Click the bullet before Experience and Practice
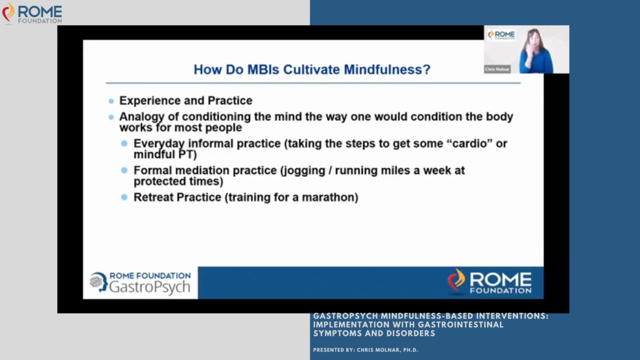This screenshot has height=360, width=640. click(x=111, y=101)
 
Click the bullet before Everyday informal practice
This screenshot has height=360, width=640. click(x=124, y=143)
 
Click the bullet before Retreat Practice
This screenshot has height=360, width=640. click(x=124, y=197)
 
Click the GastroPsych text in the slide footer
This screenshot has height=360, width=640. click(x=149, y=287)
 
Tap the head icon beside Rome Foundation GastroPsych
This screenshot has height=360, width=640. click(x=98, y=282)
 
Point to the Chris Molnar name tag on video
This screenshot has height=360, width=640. click(x=497, y=69)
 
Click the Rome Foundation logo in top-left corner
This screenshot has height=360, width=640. click(x=32, y=13)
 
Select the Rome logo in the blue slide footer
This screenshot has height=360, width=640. click(x=489, y=282)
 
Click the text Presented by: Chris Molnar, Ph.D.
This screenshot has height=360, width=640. click(x=365, y=350)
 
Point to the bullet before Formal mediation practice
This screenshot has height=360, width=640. click(x=124, y=170)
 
